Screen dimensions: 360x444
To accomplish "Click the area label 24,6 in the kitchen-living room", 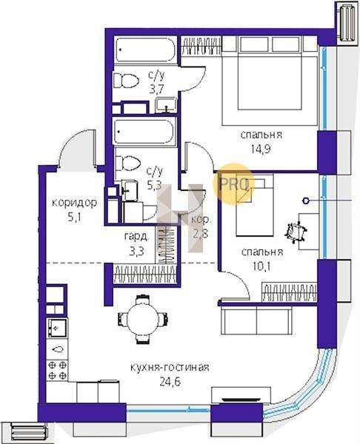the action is coord(170,382).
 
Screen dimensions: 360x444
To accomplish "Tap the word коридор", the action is coord(75,203).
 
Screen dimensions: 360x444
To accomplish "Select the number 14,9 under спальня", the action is coord(261,149).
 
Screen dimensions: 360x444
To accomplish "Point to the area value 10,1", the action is coord(261,266).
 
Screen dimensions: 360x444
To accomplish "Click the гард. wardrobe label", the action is coord(136,237).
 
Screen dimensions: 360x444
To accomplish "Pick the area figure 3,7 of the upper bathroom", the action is coord(157,90).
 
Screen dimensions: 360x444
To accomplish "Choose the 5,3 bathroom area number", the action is coord(154,185).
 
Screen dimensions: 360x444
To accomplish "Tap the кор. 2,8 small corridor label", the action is coord(201,226).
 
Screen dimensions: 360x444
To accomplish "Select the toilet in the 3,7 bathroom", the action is coord(126,81).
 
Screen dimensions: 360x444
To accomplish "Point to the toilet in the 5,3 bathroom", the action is coord(128,163).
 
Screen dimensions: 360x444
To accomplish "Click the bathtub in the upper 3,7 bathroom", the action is coord(146,50).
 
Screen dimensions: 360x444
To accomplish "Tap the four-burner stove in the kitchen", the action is coord(57,370).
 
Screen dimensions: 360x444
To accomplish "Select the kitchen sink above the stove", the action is coord(57,328).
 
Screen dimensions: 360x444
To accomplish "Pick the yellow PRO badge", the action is coord(233,184).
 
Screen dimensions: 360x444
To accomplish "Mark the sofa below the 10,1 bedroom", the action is coord(256,321).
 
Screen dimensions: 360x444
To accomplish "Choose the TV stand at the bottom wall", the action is coord(241,394).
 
